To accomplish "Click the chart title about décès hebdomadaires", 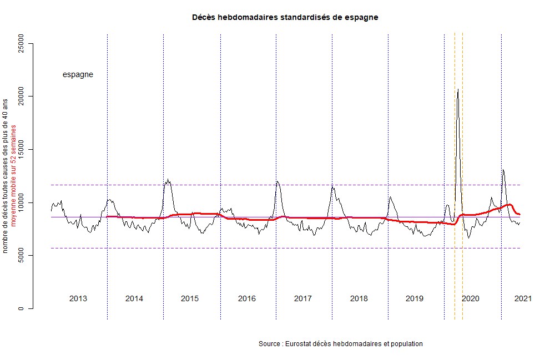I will click(285, 17).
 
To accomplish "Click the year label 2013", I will click(78, 298).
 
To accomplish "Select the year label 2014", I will click(134, 298).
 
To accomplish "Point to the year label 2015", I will click(190, 298).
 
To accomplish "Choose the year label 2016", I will click(247, 298).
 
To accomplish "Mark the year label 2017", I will click(303, 298).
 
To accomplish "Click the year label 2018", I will click(359, 298).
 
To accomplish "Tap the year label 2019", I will click(415, 298).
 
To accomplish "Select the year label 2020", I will click(471, 298).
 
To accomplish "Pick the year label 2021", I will click(523, 298).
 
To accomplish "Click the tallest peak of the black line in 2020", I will click(458, 89).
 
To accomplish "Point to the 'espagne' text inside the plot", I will click(78, 74).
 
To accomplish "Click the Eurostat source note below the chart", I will click(341, 344).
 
